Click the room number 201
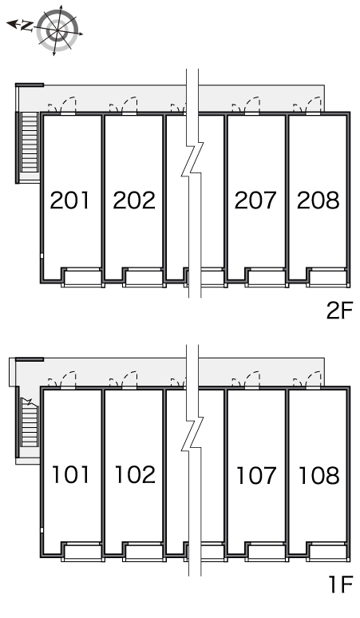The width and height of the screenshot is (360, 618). [x=69, y=200]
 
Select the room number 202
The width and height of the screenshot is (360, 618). [x=134, y=200]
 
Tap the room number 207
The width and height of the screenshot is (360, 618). [x=255, y=200]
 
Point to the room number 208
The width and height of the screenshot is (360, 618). [x=318, y=200]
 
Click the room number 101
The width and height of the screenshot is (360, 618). [x=70, y=474]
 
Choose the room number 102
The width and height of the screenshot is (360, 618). [x=135, y=474]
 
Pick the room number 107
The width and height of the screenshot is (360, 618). [x=256, y=474]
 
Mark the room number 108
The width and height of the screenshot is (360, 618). [x=319, y=474]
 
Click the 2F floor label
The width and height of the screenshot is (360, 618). [x=339, y=311]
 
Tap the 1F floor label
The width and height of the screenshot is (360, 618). [x=341, y=584]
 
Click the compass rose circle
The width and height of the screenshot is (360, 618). [x=57, y=31]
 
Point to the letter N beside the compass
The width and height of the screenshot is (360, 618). [x=27, y=26]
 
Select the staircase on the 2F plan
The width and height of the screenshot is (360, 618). [x=30, y=143]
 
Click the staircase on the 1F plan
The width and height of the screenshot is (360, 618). [x=30, y=422]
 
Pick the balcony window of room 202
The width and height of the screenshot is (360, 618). [x=144, y=278]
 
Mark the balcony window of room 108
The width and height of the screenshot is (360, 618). [x=329, y=552]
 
